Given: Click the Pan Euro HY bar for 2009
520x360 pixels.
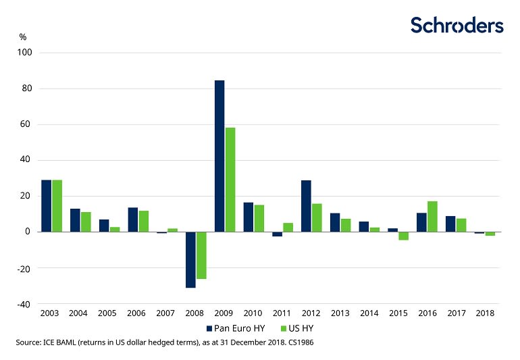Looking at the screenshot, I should tap(219, 156).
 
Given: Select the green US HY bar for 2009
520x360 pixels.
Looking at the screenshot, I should tap(230, 180).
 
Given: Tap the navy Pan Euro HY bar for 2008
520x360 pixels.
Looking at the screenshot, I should tap(190, 260).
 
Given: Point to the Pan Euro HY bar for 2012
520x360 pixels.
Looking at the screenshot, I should tap(306, 206).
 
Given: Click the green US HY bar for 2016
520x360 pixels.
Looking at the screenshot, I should tap(432, 216).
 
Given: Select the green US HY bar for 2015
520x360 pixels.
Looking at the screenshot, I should tap(403, 236).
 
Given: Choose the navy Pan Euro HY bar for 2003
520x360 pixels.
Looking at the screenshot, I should tap(46, 206).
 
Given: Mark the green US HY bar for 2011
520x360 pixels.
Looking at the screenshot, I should tap(288, 227).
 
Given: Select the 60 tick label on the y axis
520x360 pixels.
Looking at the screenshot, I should tap(31, 124).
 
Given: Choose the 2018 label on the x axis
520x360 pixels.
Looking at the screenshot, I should tap(484, 313).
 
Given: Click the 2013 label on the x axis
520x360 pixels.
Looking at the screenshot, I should tap(340, 313).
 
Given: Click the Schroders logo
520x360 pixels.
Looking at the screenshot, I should tap(457, 26).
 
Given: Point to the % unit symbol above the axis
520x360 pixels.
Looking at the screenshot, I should tap(22, 36).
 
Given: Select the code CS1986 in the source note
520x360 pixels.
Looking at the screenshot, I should tap(298, 343).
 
